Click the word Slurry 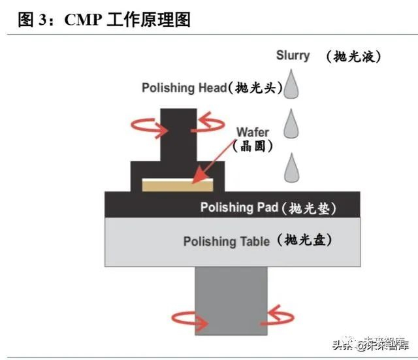point(293,55)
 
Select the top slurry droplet point(292,84)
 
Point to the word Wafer point(252,132)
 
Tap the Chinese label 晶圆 point(253,146)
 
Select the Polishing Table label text point(226,242)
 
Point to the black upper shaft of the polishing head point(178,134)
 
